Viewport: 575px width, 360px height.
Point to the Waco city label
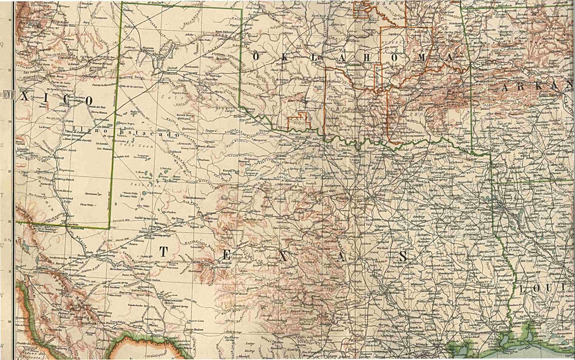tap(351, 259)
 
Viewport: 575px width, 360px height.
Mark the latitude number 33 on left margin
tap(10, 172)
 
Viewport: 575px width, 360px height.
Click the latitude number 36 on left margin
tap(10, 20)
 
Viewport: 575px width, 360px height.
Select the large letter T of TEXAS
tap(163, 252)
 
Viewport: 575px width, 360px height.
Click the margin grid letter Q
tap(2, 44)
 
